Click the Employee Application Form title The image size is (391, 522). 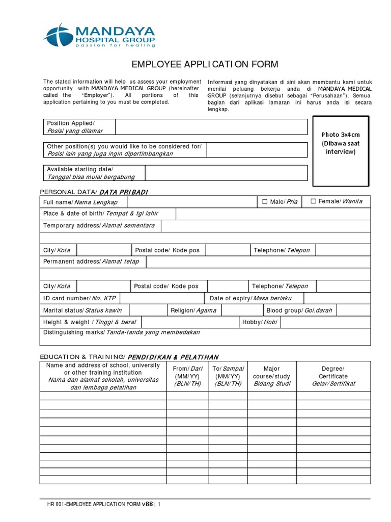pos(205,64)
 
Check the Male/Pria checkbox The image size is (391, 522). pos(264,202)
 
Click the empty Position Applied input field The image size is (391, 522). pos(211,127)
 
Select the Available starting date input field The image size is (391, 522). pos(226,173)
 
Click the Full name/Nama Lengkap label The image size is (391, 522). pos(80,202)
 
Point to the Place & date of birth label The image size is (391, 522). pos(94,214)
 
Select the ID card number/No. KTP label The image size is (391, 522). pos(79,298)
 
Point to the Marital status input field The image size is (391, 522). pos(147,310)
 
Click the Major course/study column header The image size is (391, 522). pos(272,376)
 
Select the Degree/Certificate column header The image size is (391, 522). pos(333,376)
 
